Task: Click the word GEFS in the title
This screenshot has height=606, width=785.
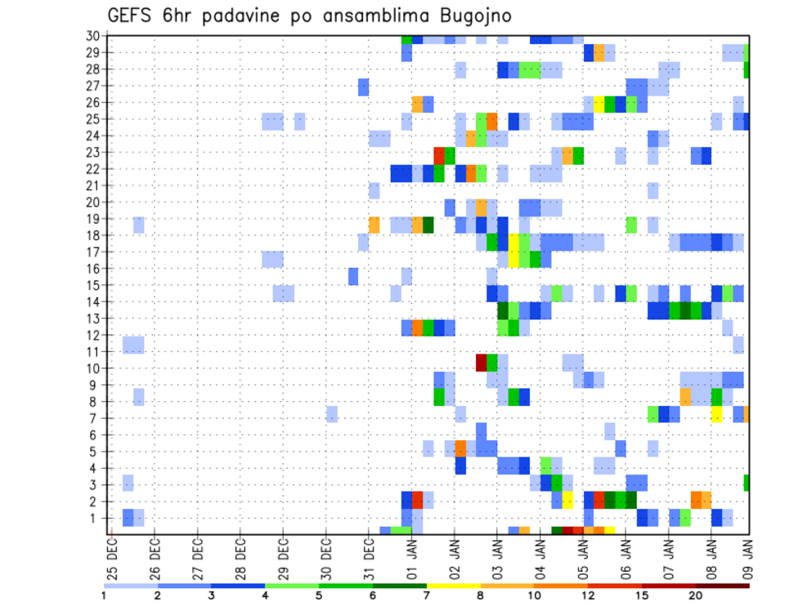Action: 133,16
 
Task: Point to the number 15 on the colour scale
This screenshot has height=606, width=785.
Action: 642,595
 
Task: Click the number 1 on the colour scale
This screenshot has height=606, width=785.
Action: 104,595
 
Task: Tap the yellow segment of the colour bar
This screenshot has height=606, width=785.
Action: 454,586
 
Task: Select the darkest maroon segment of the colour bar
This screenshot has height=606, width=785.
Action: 723,586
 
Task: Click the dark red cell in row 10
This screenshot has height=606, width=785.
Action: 482,360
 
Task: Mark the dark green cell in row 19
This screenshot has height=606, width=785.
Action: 428,225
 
